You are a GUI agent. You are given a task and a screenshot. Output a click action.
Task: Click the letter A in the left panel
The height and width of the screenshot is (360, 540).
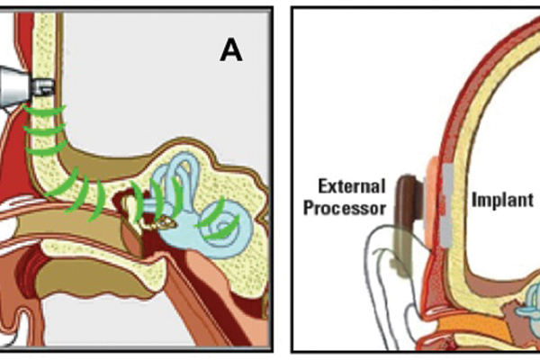click(x=232, y=50)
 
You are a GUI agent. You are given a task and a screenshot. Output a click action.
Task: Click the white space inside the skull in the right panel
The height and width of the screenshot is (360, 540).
click(x=504, y=135)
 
